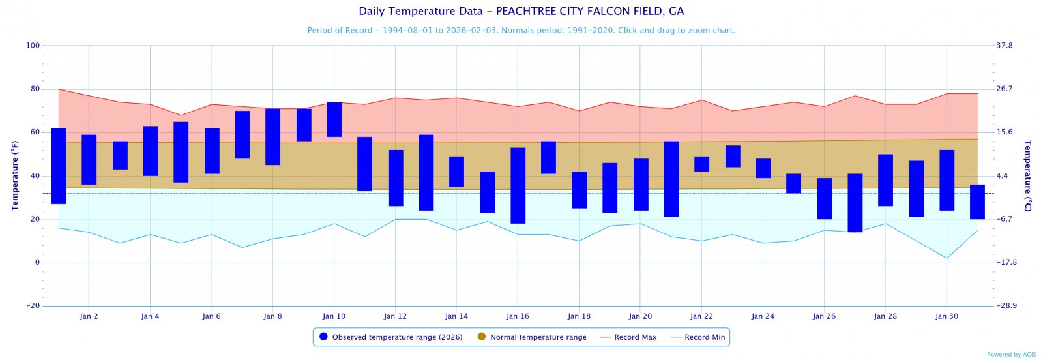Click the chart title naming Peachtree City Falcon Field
pyautogui.click(x=521, y=12)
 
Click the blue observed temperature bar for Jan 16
pyautogui.click(x=518, y=185)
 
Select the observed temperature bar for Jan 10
pyautogui.click(x=334, y=119)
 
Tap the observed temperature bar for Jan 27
pyautogui.click(x=855, y=203)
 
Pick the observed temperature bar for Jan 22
pyautogui.click(x=701, y=164)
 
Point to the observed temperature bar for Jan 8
pyautogui.click(x=273, y=137)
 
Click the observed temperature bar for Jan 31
pyautogui.click(x=977, y=202)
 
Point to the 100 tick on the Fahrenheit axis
pyautogui.click(x=33, y=46)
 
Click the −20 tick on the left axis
pyautogui.click(x=33, y=306)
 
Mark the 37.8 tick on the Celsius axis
pyautogui.click(x=1005, y=46)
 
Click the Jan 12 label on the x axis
pyautogui.click(x=395, y=316)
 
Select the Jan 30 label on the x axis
pyautogui.click(x=947, y=316)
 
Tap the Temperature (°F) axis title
pyautogui.click(x=14, y=175)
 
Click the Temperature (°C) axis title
pyautogui.click(x=1028, y=175)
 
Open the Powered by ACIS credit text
pyautogui.click(x=1011, y=355)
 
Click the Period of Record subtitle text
pyautogui.click(x=521, y=31)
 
